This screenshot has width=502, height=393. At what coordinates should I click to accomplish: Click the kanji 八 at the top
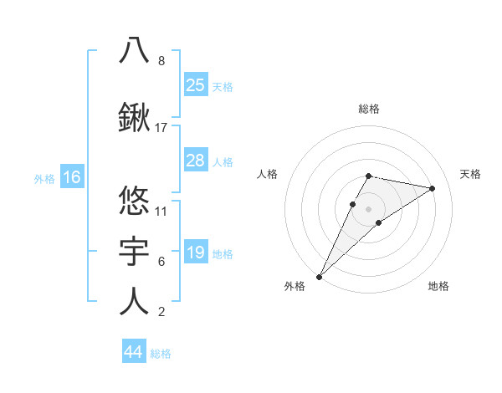click(135, 50)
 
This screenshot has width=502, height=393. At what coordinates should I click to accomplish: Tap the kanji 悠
click(135, 200)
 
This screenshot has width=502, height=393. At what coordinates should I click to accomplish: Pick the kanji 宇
click(135, 251)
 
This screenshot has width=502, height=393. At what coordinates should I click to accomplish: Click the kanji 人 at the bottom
click(135, 301)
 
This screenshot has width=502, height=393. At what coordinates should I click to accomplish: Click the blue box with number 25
click(196, 85)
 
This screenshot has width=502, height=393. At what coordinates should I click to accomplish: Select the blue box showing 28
click(196, 161)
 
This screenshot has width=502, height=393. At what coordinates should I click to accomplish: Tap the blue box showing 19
click(196, 253)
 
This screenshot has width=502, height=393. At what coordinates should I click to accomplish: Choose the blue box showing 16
click(71, 177)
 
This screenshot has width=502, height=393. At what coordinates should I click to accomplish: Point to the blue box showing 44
click(134, 352)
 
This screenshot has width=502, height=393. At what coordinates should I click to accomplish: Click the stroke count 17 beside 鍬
click(161, 128)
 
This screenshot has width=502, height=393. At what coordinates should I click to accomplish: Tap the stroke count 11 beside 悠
click(161, 211)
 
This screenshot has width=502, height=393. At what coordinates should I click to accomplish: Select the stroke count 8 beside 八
click(161, 61)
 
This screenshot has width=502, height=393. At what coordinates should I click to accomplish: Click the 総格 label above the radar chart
click(368, 109)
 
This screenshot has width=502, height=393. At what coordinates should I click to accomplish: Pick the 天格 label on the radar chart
click(470, 174)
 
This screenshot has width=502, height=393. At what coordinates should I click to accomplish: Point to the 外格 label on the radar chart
click(295, 286)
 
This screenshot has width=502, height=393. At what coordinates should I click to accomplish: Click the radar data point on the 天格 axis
click(433, 188)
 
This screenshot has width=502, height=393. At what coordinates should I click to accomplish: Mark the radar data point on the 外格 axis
click(319, 276)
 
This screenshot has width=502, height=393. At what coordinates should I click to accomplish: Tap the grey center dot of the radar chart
click(368, 208)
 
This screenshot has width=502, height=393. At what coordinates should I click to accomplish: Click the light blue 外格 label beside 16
click(44, 178)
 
